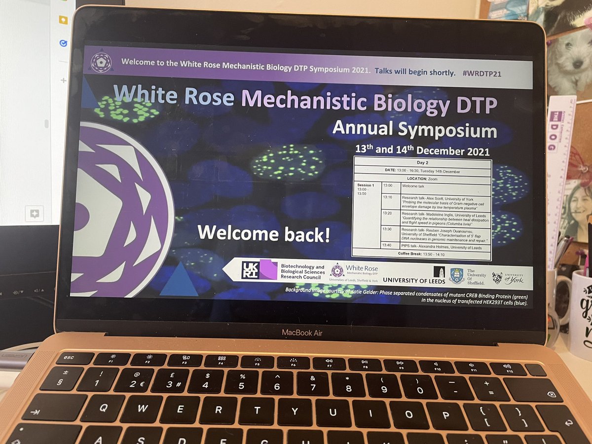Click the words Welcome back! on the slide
pyautogui.click(x=264, y=233)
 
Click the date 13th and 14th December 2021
pyautogui.click(x=422, y=150)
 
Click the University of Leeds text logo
pyautogui.click(x=413, y=280)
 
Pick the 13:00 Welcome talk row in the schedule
pyautogui.click(x=422, y=185)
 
